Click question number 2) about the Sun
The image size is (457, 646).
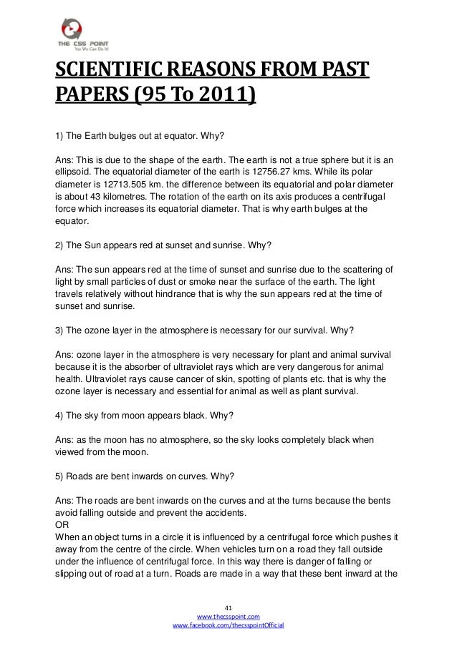coord(60,244)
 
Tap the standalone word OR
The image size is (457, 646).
coord(62,524)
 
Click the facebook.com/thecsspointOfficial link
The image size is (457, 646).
coord(228,625)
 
